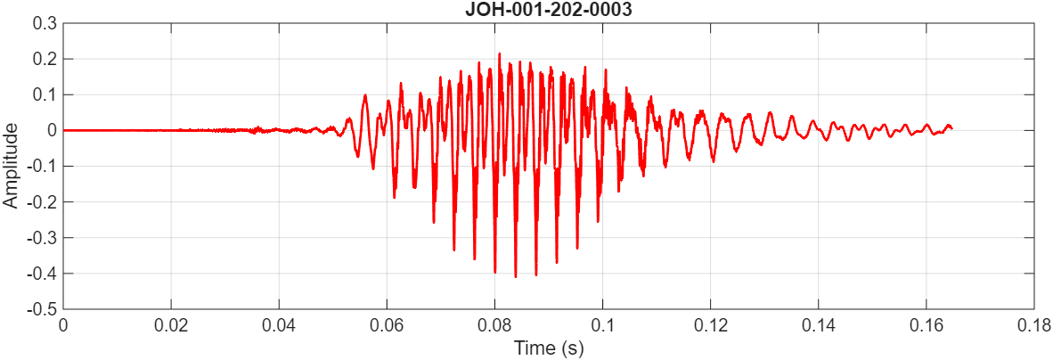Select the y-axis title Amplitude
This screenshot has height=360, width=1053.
click(11, 166)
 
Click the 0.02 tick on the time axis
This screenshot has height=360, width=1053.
click(171, 326)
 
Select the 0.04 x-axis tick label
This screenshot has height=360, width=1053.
click(279, 326)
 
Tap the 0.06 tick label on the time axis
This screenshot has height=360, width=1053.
click(387, 326)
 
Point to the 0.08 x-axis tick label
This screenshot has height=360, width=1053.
click(494, 326)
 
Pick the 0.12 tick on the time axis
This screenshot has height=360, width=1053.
click(710, 326)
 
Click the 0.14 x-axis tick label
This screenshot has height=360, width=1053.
click(818, 326)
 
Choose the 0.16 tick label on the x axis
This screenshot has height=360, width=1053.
click(926, 326)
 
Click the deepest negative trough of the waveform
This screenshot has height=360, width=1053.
click(515, 277)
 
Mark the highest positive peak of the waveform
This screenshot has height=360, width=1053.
click(499, 53)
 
